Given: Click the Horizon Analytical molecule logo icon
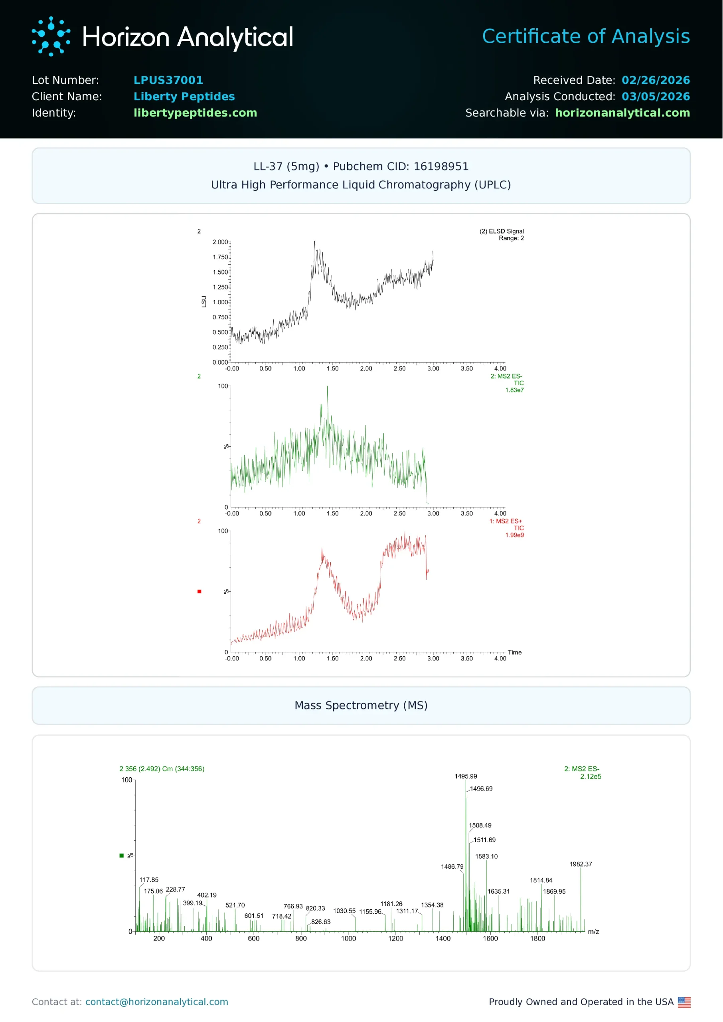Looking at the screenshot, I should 51,36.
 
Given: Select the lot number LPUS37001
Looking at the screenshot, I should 168,80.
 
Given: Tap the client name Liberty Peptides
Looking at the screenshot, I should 184,97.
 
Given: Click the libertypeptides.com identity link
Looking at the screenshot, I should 195,113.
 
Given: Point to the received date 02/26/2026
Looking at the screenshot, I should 655,80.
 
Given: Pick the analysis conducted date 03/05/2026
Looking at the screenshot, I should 655,97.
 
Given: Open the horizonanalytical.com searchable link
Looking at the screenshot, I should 622,113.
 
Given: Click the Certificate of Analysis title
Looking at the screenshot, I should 585,36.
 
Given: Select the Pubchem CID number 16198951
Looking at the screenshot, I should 441,166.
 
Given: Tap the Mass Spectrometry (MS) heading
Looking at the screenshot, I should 361,705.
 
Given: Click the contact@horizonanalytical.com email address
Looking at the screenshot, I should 157,1002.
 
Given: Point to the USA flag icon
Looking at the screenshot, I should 684,1002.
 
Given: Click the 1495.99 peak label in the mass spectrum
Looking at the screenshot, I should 465,776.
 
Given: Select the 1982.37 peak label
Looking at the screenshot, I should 581,864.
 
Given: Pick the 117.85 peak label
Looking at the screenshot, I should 149,880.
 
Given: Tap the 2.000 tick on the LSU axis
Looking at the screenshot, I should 220,242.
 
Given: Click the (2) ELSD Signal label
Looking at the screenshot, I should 501,231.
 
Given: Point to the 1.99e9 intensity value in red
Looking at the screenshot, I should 514,535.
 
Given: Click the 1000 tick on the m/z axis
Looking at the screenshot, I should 348,939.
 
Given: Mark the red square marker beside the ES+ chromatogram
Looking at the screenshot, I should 200,591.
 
